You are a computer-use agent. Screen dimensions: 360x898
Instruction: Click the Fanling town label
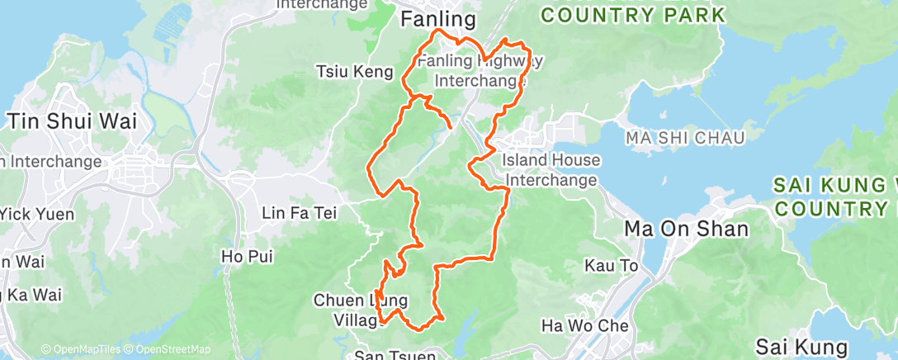click(x=438, y=19)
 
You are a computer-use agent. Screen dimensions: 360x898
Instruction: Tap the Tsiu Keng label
click(x=355, y=73)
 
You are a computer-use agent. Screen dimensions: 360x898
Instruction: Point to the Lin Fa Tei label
click(x=299, y=214)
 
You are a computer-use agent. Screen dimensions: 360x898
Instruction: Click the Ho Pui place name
click(x=247, y=258)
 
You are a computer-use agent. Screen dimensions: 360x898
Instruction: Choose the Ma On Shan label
click(x=687, y=229)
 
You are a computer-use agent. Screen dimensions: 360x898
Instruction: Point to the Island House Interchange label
click(x=551, y=169)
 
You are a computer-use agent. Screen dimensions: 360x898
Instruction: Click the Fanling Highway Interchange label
click(x=480, y=71)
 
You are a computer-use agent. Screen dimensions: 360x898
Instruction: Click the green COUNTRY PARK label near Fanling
click(x=634, y=14)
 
